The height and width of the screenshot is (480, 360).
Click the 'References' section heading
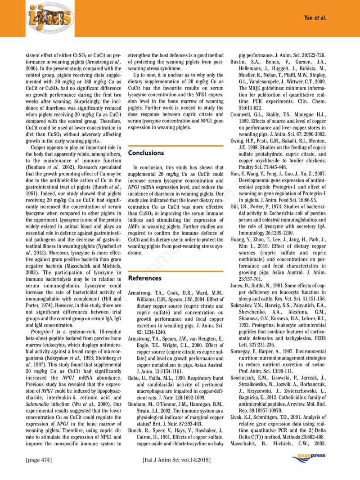pos(145,278)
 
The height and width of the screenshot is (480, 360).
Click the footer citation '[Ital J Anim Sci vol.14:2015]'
pos(176,460)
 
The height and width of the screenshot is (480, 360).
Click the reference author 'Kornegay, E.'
pos(246,350)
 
